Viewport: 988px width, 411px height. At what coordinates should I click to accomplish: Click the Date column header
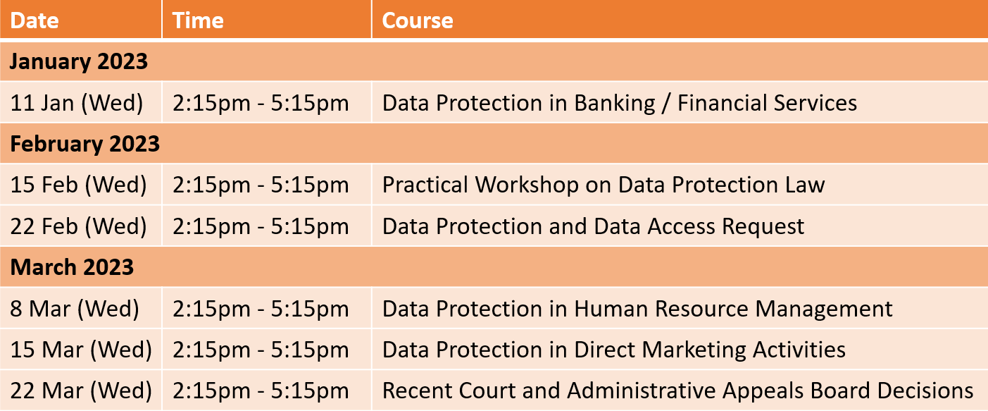35,20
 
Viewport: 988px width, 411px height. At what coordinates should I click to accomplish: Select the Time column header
198,20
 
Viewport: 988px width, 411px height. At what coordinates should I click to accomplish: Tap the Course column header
418,20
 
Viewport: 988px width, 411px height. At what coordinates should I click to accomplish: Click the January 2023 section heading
78,61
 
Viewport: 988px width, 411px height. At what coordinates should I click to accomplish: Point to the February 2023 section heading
85,144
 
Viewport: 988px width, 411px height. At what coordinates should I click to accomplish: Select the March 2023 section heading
72,267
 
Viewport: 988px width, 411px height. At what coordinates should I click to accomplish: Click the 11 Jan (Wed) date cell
77,104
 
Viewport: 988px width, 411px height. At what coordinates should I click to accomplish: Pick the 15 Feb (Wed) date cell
78,185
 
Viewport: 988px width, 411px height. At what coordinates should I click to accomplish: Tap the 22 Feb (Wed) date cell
78,226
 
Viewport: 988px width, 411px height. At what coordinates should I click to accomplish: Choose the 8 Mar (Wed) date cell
75,309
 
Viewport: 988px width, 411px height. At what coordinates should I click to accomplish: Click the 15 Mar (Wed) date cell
81,350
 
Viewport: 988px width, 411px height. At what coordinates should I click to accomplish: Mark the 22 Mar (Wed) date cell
81,391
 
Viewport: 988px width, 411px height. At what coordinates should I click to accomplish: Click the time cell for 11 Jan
261,104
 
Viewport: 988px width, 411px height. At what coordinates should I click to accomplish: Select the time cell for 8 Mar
261,309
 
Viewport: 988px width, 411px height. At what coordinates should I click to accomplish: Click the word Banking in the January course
614,104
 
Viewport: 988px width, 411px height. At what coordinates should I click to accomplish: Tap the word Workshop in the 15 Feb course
527,185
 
